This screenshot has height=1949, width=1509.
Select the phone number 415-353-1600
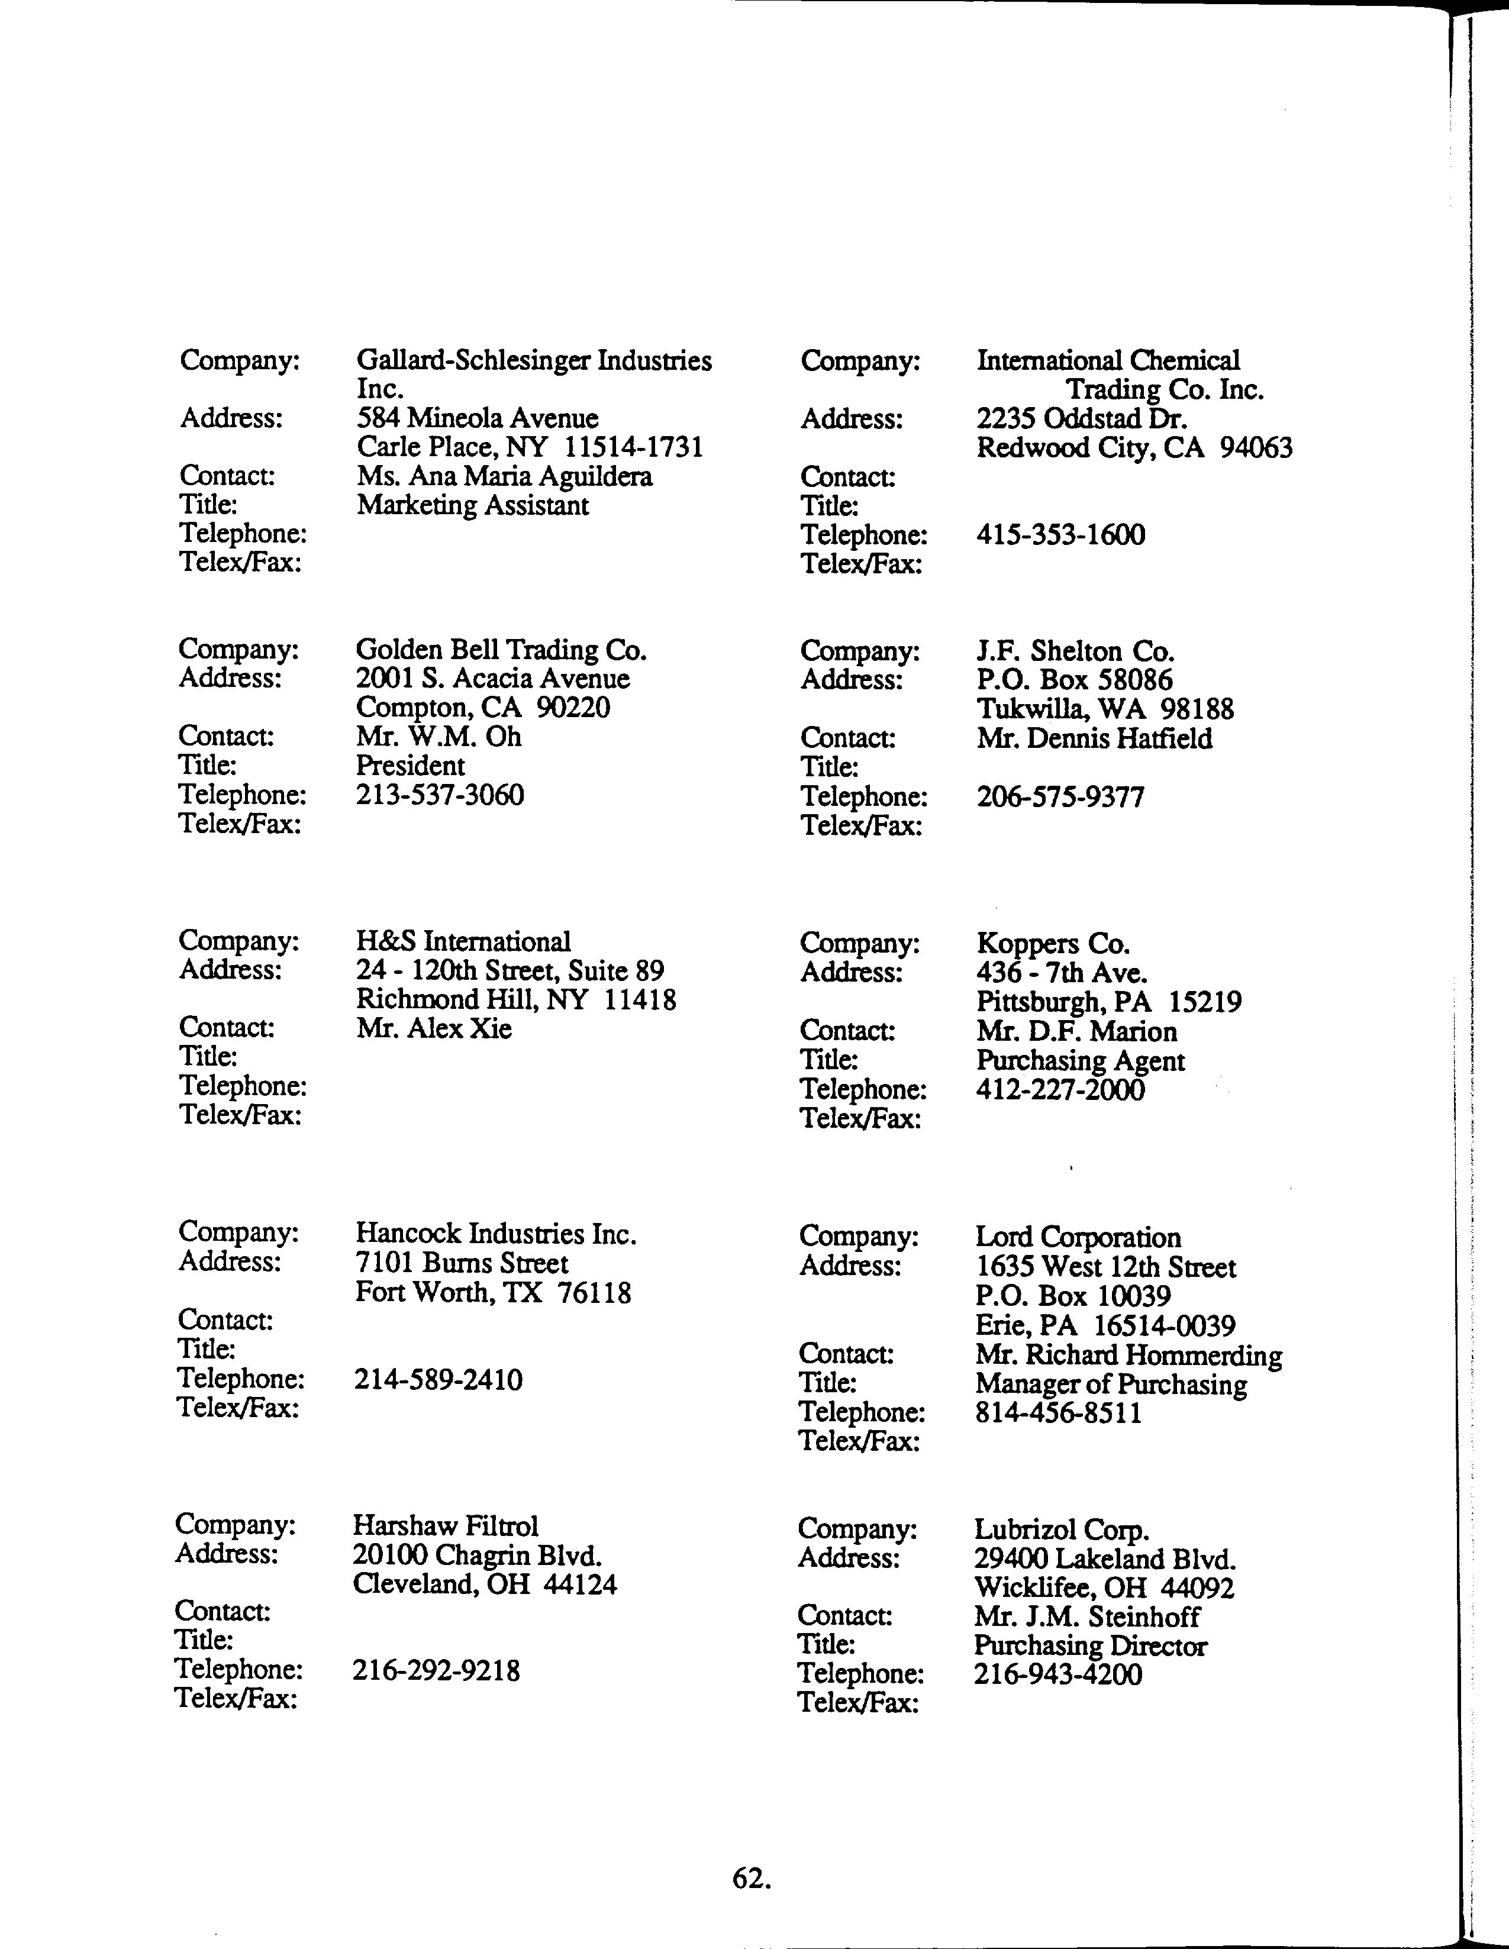[x=1060, y=535]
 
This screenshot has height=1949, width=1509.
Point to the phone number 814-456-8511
[x=1058, y=1414]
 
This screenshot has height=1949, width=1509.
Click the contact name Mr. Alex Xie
[x=434, y=1029]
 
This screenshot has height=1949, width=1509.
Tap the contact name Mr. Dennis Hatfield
[x=1094, y=739]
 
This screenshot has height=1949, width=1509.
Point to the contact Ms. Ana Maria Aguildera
[x=504, y=476]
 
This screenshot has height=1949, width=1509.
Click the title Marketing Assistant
[x=473, y=506]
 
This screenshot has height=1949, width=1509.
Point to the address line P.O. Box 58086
[x=1075, y=680]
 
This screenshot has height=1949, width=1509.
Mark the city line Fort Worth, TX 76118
[x=492, y=1293]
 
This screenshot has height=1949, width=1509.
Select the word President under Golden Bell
[x=411, y=766]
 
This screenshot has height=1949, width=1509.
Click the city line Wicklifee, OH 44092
[x=1104, y=1589]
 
